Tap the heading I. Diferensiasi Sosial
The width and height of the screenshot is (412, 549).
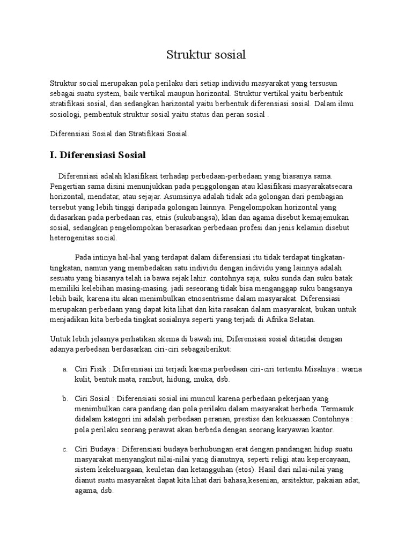(98, 155)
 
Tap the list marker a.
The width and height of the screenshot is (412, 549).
(64, 369)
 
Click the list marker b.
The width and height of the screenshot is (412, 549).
(64, 399)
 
